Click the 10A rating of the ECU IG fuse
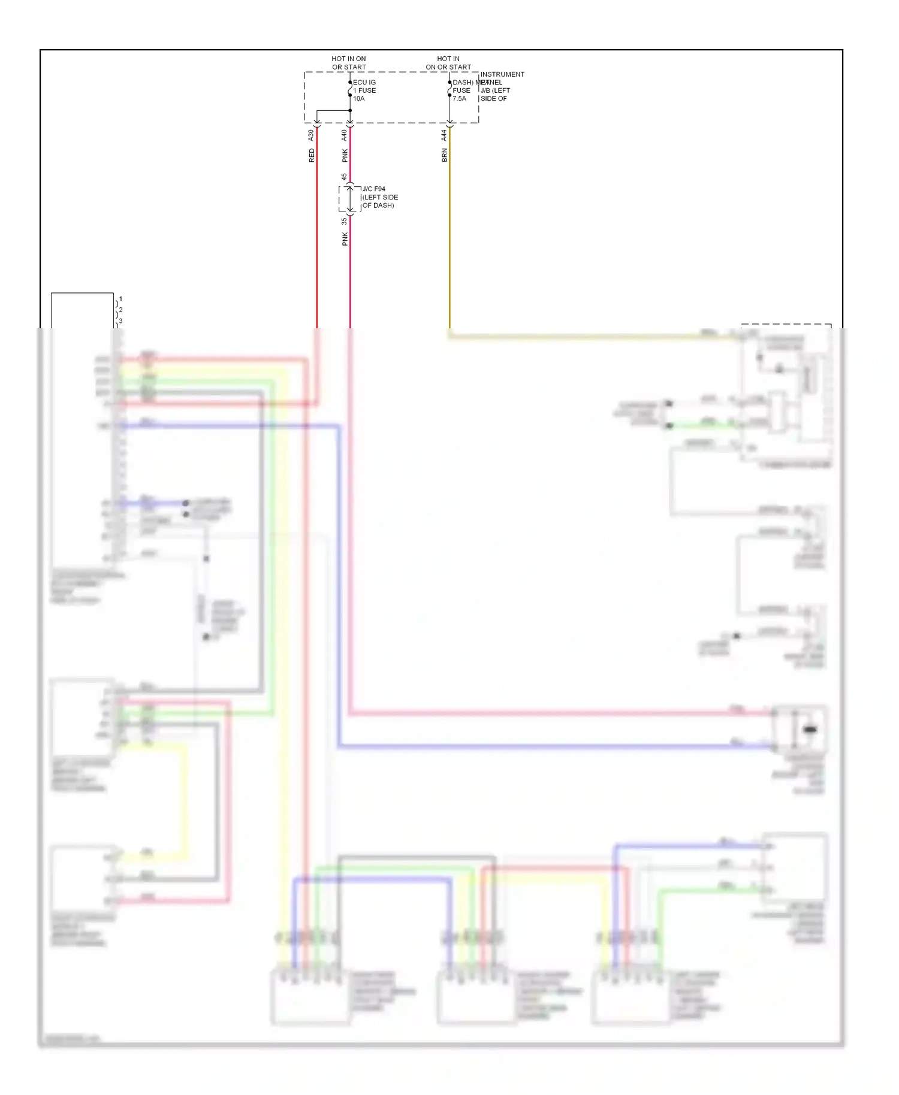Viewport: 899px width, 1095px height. (x=358, y=99)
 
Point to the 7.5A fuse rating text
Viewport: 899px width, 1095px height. (x=459, y=99)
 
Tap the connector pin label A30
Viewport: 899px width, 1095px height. (x=311, y=135)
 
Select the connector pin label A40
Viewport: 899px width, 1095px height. (x=345, y=135)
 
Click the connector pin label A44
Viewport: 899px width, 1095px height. (x=444, y=135)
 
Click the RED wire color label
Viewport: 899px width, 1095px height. (x=312, y=156)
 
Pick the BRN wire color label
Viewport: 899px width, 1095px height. (x=444, y=156)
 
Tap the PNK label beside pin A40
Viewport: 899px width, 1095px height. (x=345, y=156)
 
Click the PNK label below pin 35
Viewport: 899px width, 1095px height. (x=345, y=240)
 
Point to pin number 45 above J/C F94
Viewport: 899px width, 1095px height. (x=344, y=177)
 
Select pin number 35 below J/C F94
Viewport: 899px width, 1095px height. (x=344, y=221)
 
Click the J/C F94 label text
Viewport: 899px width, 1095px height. (x=374, y=189)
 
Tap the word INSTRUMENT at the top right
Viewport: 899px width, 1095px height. (x=502, y=74)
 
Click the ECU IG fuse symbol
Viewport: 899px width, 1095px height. (x=350, y=89)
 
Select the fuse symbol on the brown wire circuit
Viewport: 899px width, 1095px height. (x=450, y=89)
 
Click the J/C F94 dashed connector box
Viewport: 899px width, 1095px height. (x=350, y=199)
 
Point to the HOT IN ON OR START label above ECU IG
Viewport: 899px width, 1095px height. (x=349, y=63)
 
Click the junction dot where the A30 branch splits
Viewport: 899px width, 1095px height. (x=350, y=111)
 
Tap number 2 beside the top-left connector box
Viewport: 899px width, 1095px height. (x=120, y=310)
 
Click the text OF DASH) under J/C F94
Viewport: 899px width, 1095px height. (x=378, y=205)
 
